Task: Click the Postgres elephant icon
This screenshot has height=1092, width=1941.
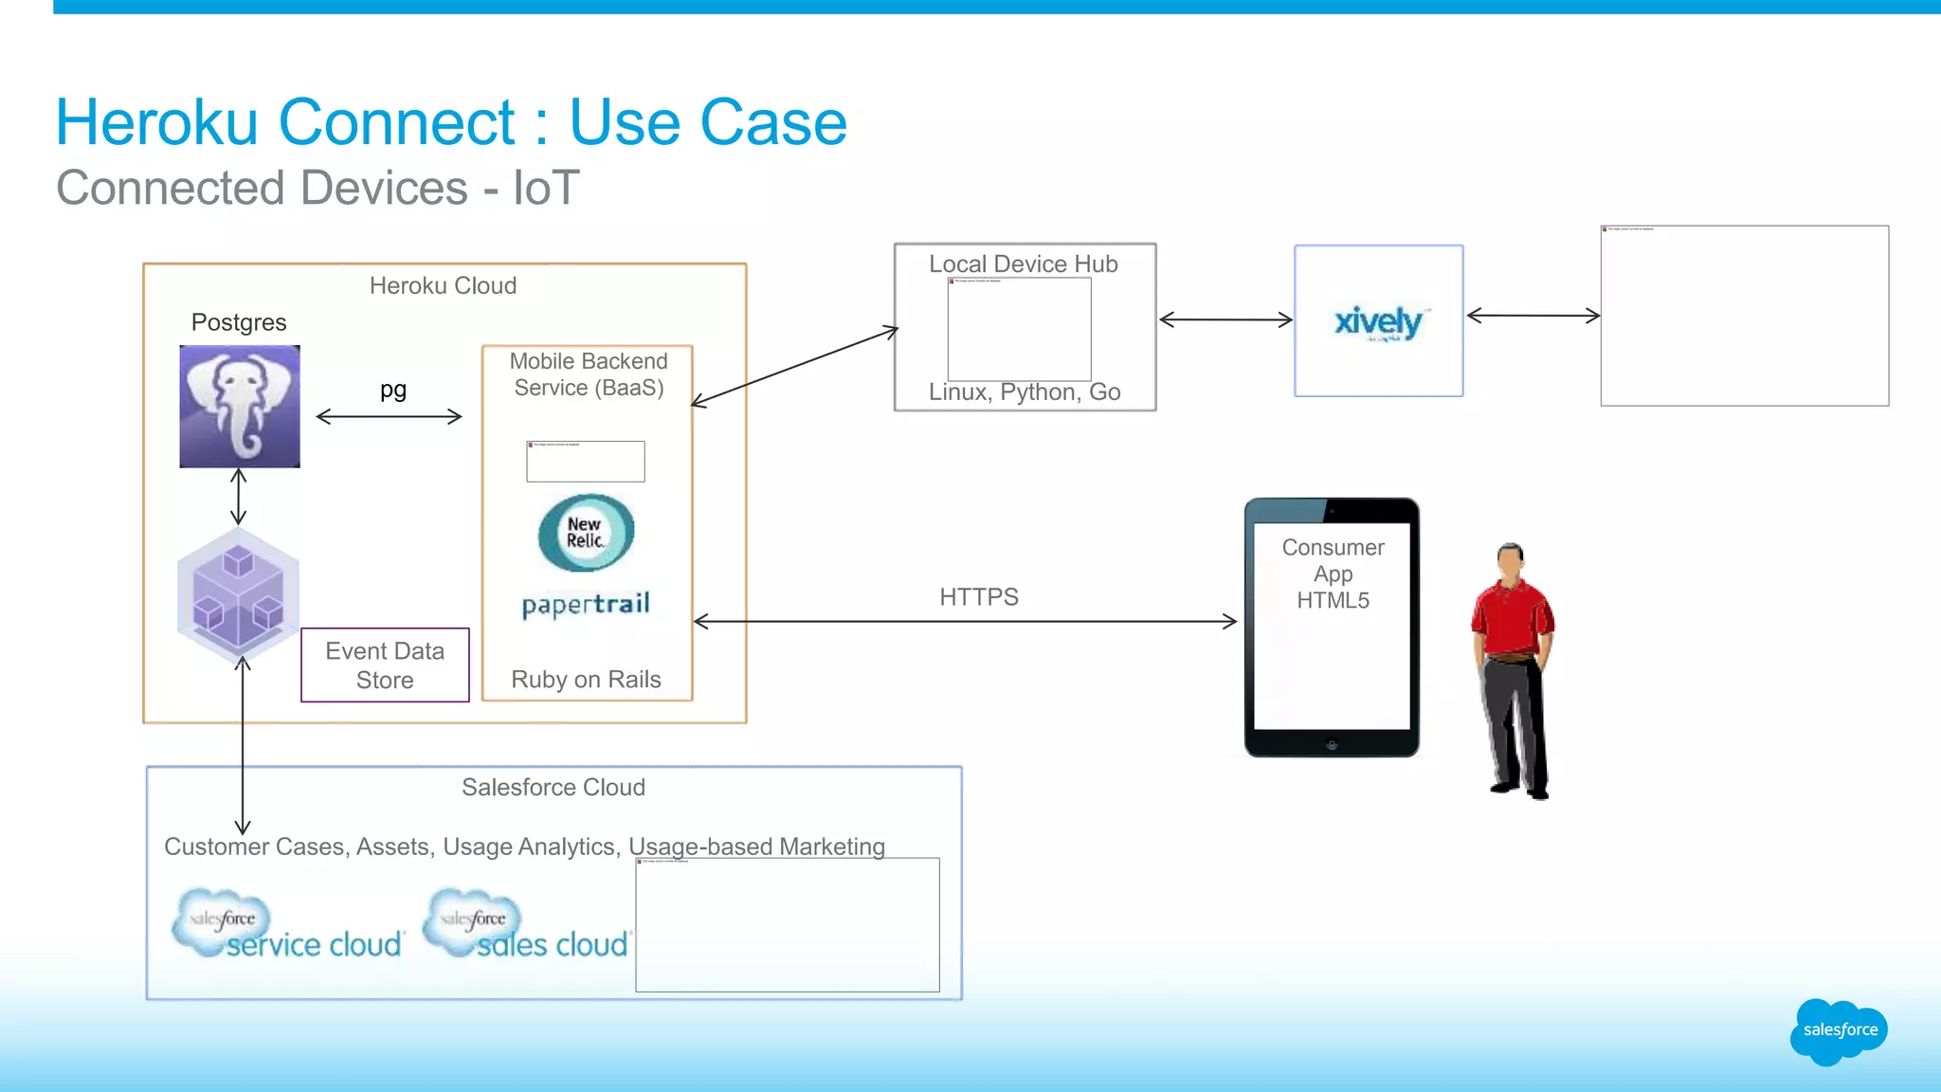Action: coord(240,406)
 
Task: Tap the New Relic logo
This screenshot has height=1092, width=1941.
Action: coord(586,533)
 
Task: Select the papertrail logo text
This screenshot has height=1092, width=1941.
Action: coord(586,605)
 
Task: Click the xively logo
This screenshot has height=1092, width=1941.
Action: coord(1378,322)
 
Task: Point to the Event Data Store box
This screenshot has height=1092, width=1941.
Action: coord(385,664)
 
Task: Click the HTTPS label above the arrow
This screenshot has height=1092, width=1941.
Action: coord(978,597)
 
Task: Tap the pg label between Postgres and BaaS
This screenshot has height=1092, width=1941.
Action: coord(392,390)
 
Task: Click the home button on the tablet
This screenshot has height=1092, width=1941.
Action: coord(1332,745)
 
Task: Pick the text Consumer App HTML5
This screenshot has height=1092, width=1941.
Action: coord(1333,573)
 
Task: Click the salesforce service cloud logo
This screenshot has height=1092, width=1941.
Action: coord(288,924)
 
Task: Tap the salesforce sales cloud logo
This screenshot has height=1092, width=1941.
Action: coord(527,924)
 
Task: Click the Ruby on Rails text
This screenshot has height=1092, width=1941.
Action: coord(586,680)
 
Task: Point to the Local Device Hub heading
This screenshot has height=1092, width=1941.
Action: coord(1023,264)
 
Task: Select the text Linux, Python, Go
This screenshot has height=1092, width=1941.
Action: coord(1024,392)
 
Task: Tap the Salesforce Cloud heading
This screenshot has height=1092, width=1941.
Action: coord(553,788)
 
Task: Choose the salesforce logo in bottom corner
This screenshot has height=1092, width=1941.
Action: coord(1839,1030)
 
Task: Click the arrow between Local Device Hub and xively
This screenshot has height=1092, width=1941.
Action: coord(1225,319)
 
